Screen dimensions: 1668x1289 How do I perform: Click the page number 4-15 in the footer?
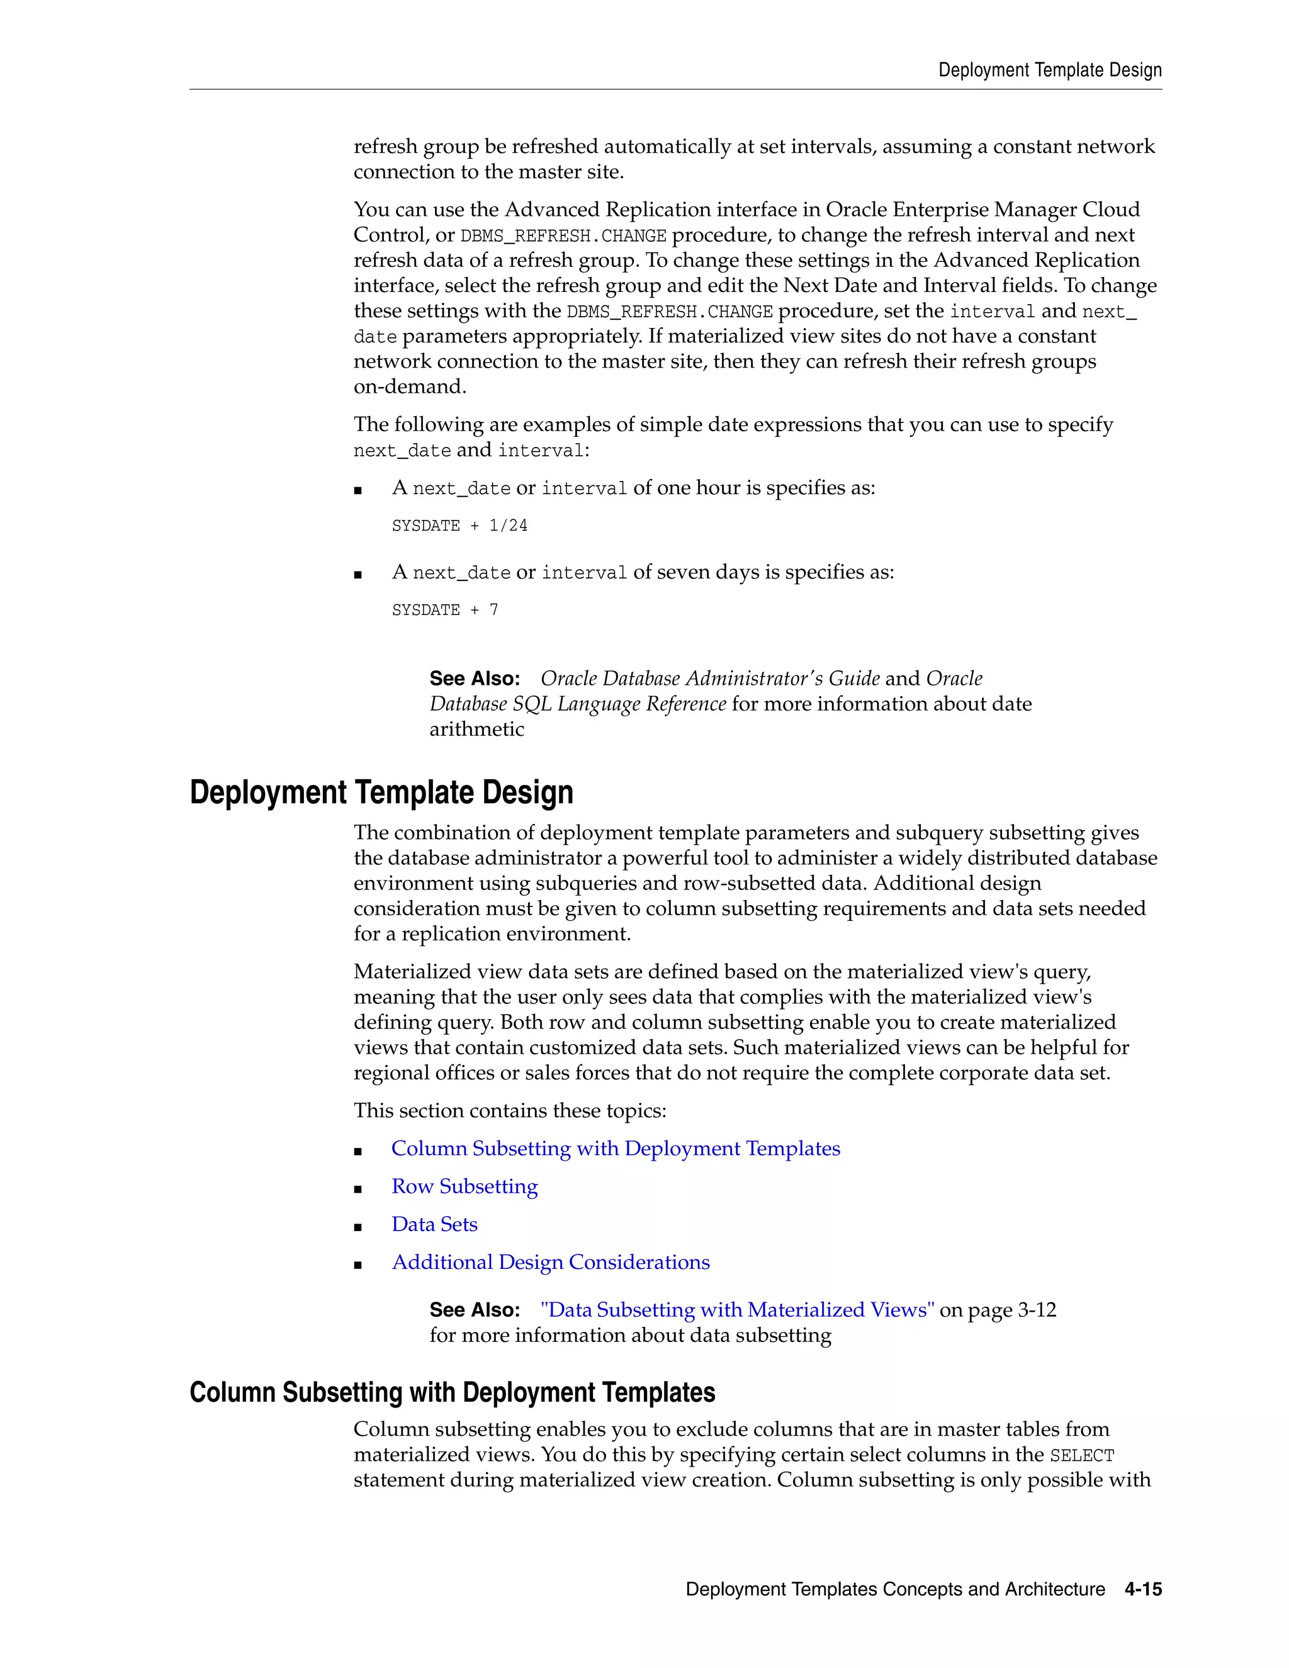pyautogui.click(x=1142, y=1589)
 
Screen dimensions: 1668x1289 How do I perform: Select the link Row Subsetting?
pyautogui.click(x=464, y=1186)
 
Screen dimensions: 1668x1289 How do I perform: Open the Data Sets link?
pyautogui.click(x=434, y=1224)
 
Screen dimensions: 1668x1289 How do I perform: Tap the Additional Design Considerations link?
pyautogui.click(x=550, y=1263)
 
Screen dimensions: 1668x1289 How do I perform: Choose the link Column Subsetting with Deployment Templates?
pyautogui.click(x=616, y=1149)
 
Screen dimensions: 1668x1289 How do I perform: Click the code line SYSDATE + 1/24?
pyautogui.click(x=459, y=526)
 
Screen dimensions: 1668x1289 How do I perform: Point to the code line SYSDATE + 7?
pyautogui.click(x=444, y=609)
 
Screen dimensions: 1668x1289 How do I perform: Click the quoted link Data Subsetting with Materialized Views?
pyautogui.click(x=737, y=1310)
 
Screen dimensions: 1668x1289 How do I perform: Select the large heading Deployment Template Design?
pyautogui.click(x=381, y=792)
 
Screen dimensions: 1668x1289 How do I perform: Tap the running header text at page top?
pyautogui.click(x=1049, y=70)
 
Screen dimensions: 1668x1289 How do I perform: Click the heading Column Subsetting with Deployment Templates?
pyautogui.click(x=452, y=1392)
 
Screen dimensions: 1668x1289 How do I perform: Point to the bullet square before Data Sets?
pyautogui.click(x=357, y=1227)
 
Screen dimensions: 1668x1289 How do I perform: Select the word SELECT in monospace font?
pyautogui.click(x=1081, y=1456)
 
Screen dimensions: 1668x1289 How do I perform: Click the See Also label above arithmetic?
pyautogui.click(x=474, y=678)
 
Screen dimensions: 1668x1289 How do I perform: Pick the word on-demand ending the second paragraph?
pyautogui.click(x=409, y=386)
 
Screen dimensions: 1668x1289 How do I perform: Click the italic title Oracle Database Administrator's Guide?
pyautogui.click(x=709, y=678)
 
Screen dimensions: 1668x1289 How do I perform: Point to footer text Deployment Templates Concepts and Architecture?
pyautogui.click(x=895, y=1589)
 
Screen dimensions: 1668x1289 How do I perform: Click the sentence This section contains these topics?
pyautogui.click(x=509, y=1110)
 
